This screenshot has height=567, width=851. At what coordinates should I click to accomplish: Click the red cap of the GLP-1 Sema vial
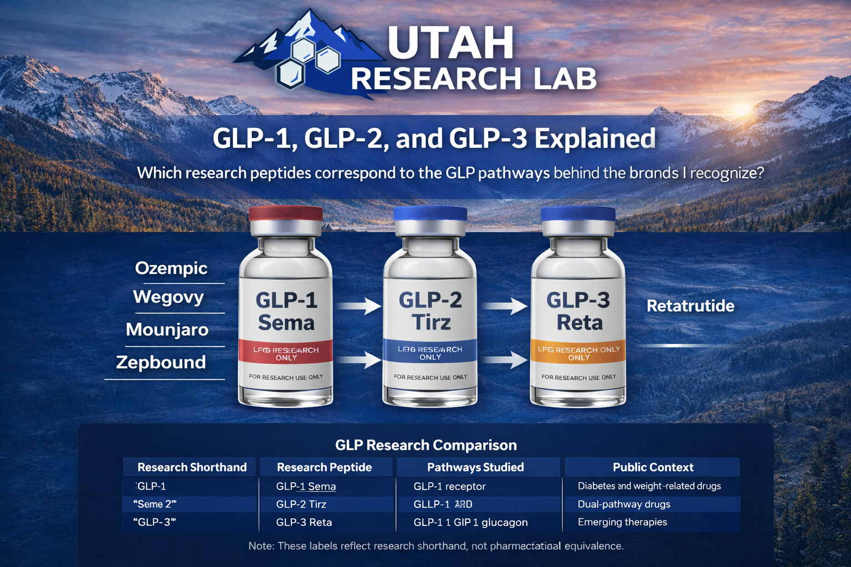286,214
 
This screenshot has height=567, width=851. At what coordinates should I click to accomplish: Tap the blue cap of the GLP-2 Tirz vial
430,214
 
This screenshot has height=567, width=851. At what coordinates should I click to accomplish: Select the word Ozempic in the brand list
171,268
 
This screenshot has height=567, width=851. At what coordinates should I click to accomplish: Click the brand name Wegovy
168,297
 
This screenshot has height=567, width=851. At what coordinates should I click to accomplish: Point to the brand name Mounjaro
167,329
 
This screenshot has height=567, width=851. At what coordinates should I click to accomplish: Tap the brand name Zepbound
161,362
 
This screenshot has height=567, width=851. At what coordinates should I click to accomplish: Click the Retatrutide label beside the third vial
690,306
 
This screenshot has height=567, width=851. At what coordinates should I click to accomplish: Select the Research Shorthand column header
192,467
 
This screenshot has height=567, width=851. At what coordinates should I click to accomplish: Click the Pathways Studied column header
475,467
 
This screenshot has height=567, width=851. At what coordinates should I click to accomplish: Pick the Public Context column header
653,467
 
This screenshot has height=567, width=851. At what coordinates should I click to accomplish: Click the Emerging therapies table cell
622,522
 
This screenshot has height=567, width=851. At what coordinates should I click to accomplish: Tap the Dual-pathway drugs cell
624,504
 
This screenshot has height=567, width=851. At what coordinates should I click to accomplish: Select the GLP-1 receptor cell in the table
449,486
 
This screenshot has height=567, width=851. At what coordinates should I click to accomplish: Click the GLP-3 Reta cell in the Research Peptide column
304,522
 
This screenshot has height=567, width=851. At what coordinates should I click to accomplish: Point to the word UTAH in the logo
450,43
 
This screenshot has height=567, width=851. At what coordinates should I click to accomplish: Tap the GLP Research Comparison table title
425,445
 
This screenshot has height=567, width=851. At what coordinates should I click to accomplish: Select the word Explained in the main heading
595,138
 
